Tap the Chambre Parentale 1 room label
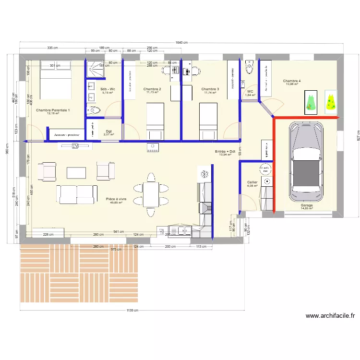[x=53, y=110]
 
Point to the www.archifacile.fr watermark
[x=331, y=315]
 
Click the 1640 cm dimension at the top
[x=182, y=43]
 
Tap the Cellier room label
[x=252, y=182]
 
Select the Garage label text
[x=307, y=205]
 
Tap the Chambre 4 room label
[x=292, y=81]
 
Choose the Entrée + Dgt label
[x=225, y=152]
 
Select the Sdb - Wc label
[x=108, y=89]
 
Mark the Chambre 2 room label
[x=152, y=89]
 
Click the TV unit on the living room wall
[x=74, y=146]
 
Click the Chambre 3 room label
[x=210, y=89]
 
